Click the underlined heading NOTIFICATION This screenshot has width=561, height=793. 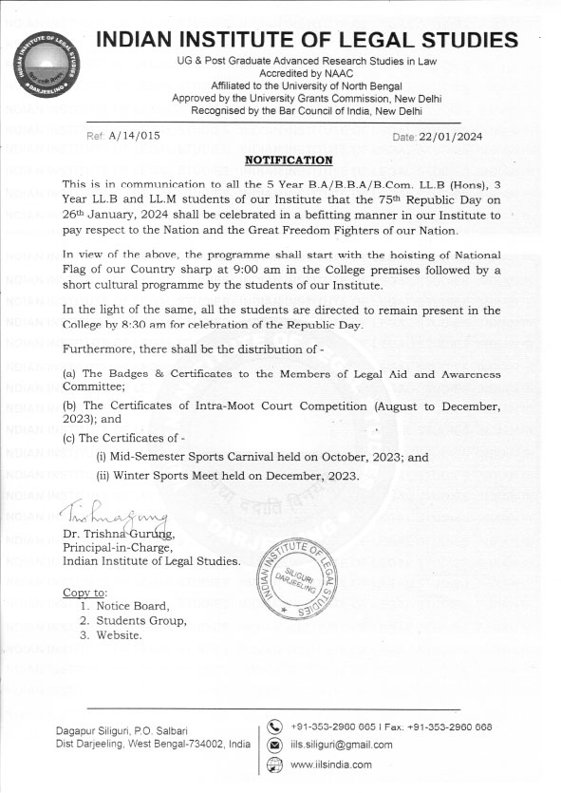click(x=289, y=160)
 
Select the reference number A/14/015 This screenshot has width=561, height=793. click(x=135, y=137)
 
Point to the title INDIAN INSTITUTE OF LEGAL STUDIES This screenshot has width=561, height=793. click(x=309, y=40)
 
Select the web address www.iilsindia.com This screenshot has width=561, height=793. click(x=331, y=765)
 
